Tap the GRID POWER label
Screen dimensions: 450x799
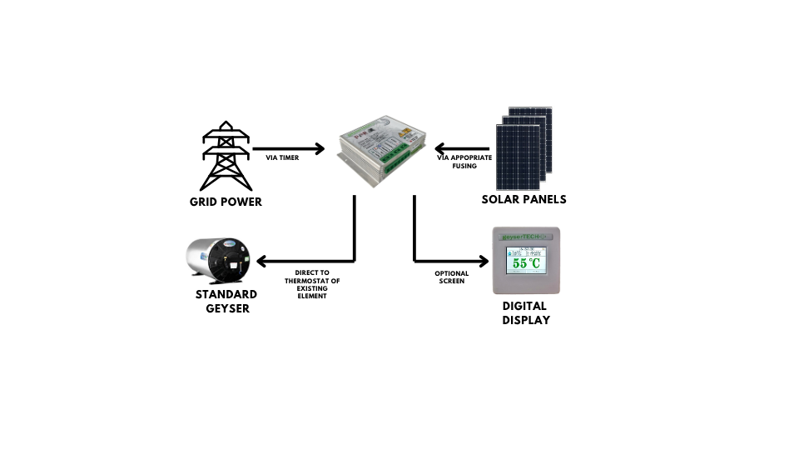tap(226, 202)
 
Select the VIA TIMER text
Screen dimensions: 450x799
tap(282, 157)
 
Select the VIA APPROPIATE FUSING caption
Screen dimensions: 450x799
tap(464, 162)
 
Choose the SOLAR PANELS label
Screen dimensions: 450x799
tap(524, 200)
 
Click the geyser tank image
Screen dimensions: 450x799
tap(218, 261)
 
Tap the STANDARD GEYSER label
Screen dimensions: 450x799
tap(226, 301)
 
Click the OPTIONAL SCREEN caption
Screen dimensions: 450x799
tap(451, 277)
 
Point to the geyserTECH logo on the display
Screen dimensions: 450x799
tap(526, 237)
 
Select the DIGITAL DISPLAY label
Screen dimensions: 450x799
tap(526, 312)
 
